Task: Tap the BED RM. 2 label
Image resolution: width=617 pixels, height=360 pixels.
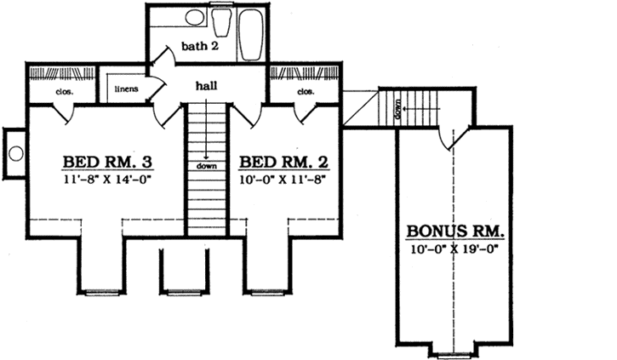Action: tap(279, 162)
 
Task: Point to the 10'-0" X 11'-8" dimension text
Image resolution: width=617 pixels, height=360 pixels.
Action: tap(279, 180)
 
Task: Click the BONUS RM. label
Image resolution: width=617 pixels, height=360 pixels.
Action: tap(455, 231)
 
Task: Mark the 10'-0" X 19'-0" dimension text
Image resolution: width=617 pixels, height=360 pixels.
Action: tap(456, 249)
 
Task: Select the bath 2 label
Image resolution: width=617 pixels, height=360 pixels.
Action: tap(199, 46)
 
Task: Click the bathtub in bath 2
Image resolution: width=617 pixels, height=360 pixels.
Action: tap(252, 35)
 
